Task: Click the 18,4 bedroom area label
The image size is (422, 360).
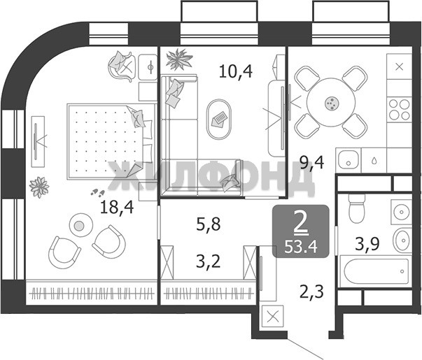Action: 117,208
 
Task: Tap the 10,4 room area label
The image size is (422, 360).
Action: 236,71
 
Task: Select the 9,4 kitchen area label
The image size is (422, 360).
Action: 312,163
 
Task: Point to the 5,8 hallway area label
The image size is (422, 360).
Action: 209,224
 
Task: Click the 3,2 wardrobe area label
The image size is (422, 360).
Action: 209,261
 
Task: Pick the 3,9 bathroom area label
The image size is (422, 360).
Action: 367,244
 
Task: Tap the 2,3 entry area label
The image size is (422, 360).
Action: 311,292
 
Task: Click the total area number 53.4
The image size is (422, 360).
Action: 301,247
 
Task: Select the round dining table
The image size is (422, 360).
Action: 331,103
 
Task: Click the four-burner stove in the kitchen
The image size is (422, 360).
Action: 399,109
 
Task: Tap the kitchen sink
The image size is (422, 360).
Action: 349,159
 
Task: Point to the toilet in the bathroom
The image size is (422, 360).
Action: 357,208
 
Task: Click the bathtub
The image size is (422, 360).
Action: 375,271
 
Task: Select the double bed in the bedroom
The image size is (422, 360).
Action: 112,141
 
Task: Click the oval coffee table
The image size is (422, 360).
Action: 219,120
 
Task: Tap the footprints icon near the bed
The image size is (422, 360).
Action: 98,192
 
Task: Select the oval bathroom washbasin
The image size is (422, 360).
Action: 402,240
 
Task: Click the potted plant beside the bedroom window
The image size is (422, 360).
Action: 39,187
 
